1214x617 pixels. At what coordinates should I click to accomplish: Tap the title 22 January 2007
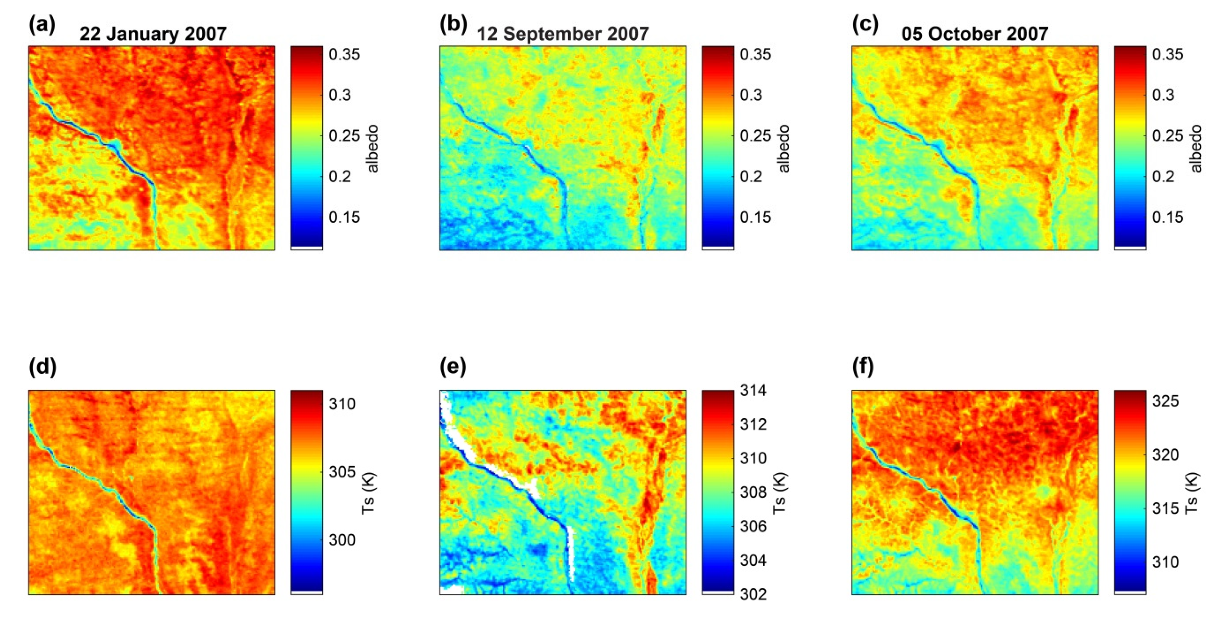coord(153,34)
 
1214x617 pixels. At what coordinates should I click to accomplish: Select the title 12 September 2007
coord(563,34)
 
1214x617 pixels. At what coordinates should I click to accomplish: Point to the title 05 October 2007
coord(975,34)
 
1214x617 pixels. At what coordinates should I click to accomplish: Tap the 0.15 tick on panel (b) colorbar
coord(755,217)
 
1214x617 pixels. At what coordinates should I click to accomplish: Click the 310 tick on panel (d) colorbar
coord(342,404)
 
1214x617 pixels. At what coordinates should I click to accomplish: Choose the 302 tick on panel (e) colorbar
coord(753,594)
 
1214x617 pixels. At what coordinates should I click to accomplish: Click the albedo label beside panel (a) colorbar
coord(373,149)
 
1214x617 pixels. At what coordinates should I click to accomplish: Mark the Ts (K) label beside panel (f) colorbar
coord(1192,493)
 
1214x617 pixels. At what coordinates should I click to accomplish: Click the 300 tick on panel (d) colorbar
coord(342,540)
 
